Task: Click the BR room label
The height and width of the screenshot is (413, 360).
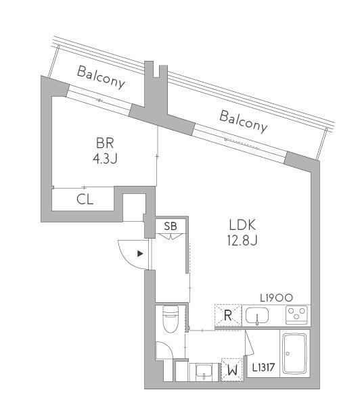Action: pos(105,143)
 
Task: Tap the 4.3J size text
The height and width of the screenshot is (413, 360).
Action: pos(105,159)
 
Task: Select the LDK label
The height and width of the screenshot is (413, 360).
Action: pos(242,225)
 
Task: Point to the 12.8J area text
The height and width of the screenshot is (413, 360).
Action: pos(242,241)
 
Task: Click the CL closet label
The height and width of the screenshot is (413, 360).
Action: pos(85,199)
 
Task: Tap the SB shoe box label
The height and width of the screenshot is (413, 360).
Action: pos(171,226)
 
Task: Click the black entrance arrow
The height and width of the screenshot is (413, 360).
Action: pos(140,253)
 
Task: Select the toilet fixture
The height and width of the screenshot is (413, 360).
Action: pos(171,319)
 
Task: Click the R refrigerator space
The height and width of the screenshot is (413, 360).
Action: pos(228,315)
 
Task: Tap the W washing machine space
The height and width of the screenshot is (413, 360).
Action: pos(232,370)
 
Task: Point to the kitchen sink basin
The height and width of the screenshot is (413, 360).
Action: pos(257,316)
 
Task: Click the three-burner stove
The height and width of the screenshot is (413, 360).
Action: pos(296,314)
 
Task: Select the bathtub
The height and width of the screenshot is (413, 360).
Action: pos(295,354)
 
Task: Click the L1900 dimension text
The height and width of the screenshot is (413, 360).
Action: pos(276,298)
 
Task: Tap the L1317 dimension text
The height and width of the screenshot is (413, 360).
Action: pos(264,367)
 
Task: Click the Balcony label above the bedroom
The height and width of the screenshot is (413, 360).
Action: pos(101,78)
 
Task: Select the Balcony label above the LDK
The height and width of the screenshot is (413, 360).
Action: pos(244,122)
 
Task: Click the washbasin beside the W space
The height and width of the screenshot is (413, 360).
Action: pos(204,371)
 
